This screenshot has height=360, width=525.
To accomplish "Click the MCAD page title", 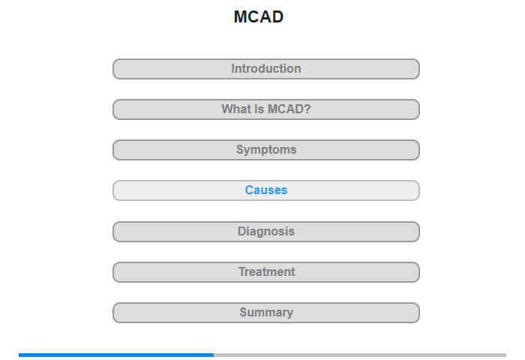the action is [x=259, y=16].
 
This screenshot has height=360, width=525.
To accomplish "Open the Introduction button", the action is [x=266, y=69].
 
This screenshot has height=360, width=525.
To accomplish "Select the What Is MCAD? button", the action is [x=266, y=109].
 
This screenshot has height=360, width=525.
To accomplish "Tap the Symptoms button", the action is [x=266, y=150].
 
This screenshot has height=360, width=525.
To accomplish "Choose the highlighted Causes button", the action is [x=266, y=190].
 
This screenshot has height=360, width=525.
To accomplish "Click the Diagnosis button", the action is [x=266, y=232].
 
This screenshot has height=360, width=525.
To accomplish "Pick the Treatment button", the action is [x=266, y=272].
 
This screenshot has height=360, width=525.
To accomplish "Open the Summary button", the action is [x=266, y=313].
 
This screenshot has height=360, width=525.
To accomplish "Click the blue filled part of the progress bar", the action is [x=116, y=355].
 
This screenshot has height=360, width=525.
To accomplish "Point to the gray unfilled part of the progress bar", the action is [x=360, y=355].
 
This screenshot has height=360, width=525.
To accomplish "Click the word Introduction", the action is [x=266, y=69].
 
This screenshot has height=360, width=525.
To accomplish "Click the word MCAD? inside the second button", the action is [x=289, y=109].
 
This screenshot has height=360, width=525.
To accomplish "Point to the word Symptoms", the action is [x=266, y=150].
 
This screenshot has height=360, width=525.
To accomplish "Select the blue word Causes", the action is [x=266, y=190].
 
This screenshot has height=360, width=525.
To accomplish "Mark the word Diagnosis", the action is [x=266, y=232].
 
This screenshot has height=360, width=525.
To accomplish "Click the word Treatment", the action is [x=267, y=272].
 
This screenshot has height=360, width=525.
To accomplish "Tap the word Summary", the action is [x=266, y=313].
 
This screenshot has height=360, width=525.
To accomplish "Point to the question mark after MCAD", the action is [x=307, y=109].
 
